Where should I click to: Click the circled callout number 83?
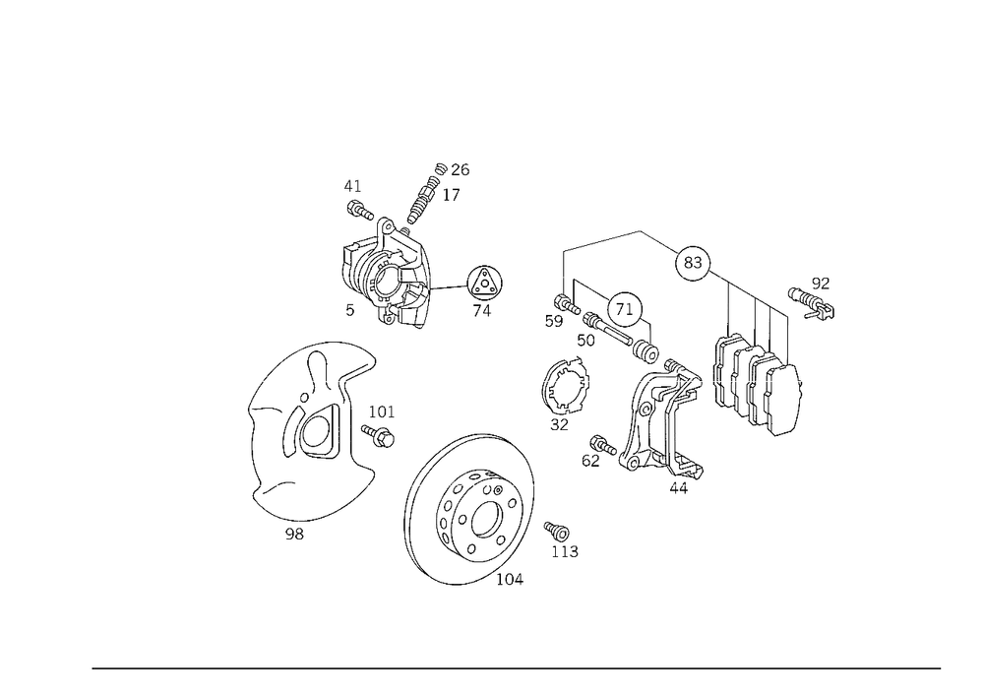692,262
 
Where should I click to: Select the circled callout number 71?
625,309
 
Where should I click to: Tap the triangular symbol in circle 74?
484,284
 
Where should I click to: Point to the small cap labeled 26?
441,168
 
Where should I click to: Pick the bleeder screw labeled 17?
422,199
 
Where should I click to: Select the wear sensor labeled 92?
812,302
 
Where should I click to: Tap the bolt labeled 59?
567,305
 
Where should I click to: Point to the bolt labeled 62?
604,445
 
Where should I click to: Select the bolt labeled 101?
378,435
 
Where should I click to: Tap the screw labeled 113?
557,532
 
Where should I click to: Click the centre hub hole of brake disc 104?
486,519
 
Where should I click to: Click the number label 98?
294,535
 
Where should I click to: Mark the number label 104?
510,579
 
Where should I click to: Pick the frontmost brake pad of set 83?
783,400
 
